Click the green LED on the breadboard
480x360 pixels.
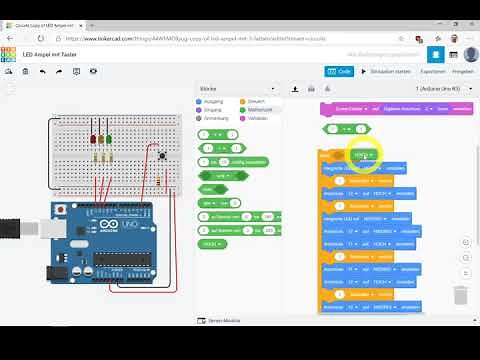point(109,140)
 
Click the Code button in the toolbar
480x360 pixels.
point(339,71)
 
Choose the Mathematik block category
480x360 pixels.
point(257,109)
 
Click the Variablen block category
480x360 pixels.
point(256,117)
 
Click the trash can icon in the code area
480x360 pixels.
point(460,295)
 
